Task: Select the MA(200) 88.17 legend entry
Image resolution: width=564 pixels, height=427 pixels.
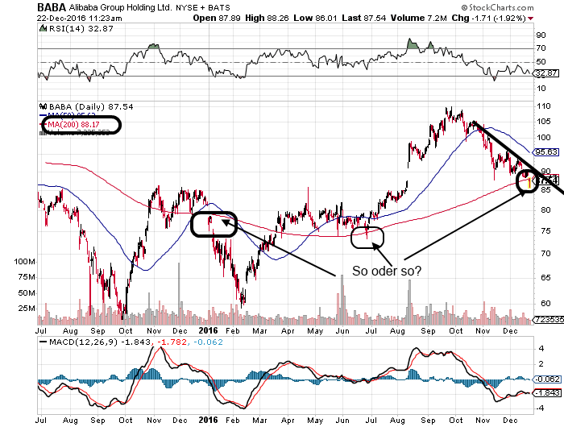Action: click(x=80, y=124)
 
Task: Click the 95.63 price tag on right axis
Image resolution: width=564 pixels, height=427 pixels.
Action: click(x=546, y=151)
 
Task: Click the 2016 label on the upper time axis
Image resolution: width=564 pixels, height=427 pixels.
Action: click(x=209, y=329)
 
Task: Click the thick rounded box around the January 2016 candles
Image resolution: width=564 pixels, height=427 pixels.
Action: click(x=214, y=223)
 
